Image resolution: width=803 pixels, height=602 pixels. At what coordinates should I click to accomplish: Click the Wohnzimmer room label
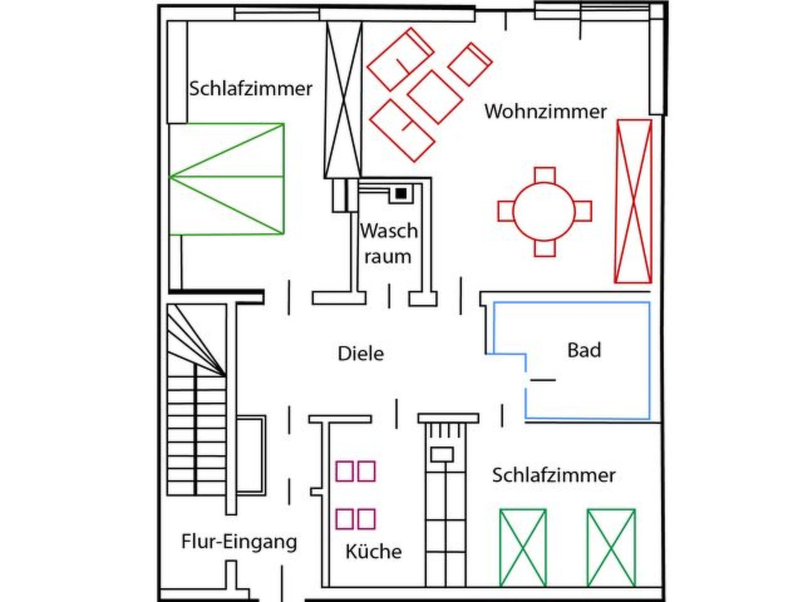pos(545,112)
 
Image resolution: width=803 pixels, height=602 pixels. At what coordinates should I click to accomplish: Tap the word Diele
pos(360,354)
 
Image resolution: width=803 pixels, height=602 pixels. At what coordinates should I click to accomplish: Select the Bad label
pos(584,350)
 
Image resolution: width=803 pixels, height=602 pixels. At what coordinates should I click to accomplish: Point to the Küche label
pos(373,552)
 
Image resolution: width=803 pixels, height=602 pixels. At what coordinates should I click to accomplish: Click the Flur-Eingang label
pos(239,542)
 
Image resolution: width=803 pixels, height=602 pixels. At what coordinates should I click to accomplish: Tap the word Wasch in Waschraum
pos(389,231)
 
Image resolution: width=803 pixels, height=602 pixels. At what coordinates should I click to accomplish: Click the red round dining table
pos(544,212)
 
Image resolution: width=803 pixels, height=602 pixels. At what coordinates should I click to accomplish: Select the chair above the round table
pos(545,175)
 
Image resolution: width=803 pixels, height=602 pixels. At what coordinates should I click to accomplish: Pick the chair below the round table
pos(545,248)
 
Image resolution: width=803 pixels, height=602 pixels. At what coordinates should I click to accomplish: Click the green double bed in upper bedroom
pos(227,179)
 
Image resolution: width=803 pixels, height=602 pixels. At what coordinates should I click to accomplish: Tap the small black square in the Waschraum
pos(401,193)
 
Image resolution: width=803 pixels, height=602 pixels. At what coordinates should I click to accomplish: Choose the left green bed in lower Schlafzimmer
pos(523,548)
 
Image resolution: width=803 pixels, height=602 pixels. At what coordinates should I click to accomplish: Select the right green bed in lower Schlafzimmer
pos(611,548)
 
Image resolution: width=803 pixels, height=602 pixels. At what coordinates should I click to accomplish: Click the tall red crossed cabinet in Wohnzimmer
pos(633,201)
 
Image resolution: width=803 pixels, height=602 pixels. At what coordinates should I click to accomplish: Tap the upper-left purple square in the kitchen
pos(345,471)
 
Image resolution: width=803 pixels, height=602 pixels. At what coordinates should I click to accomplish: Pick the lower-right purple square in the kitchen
pos(366,519)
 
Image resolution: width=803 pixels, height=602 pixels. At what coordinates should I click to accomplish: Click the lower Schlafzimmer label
pos(554,475)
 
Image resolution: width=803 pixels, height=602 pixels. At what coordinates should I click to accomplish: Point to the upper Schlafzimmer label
pos(251,89)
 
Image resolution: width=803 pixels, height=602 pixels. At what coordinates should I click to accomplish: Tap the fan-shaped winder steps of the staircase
pos(196,341)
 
